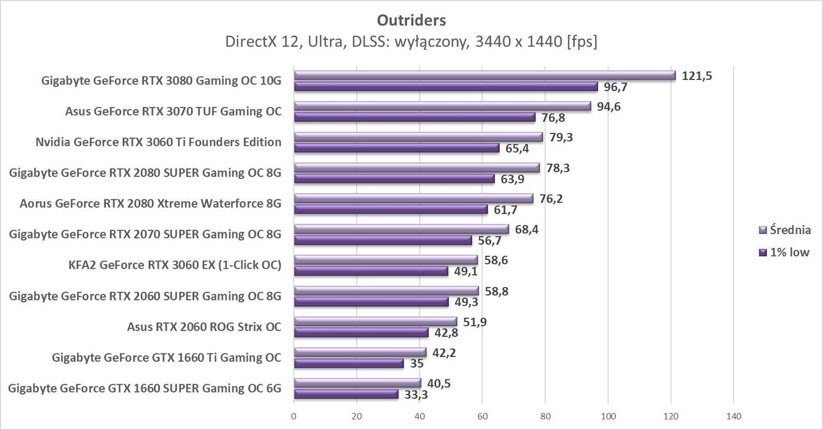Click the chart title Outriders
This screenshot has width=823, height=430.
click(411, 20)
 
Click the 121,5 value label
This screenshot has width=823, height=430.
click(697, 75)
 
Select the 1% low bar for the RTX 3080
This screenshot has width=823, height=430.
click(446, 86)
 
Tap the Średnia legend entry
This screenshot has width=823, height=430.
click(785, 230)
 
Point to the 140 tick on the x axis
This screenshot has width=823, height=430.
click(733, 416)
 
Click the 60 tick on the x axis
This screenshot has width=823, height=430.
click(482, 416)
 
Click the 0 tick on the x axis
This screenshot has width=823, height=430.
click(294, 416)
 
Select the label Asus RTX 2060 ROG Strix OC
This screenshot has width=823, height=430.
click(204, 326)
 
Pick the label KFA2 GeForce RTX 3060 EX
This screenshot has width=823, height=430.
click(175, 265)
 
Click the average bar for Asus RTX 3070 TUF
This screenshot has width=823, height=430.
click(442, 106)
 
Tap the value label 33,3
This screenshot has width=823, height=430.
click(416, 395)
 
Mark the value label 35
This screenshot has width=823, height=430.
click(417, 364)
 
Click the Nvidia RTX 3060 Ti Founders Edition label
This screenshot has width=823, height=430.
click(158, 142)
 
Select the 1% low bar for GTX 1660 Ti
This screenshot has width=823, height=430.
click(349, 364)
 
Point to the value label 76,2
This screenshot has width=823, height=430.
click(551, 198)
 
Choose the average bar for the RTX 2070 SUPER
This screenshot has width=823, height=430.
click(401, 229)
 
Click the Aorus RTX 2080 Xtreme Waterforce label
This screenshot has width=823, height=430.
click(150, 204)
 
